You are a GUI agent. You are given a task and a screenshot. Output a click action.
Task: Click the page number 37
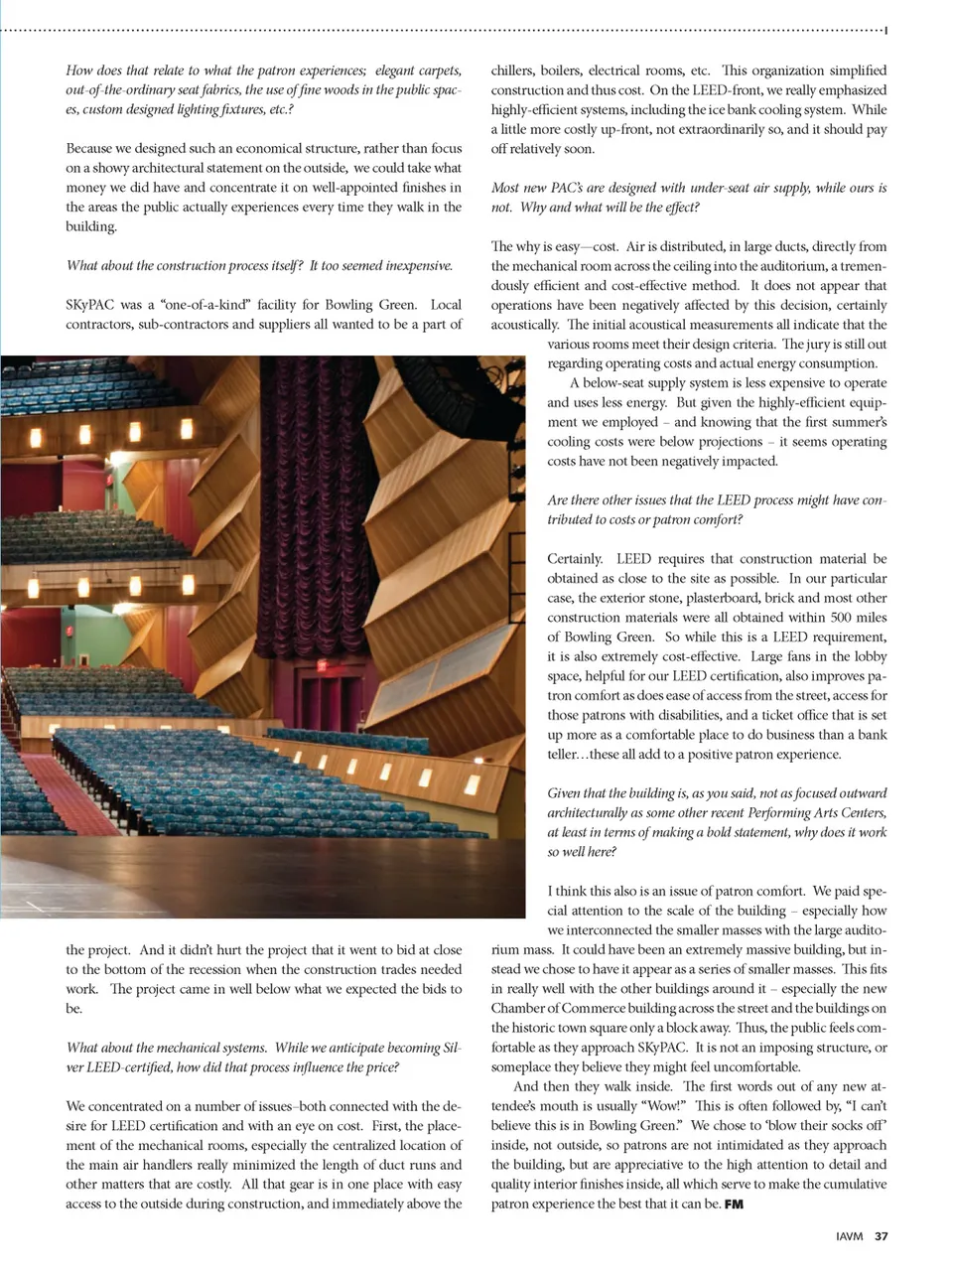882,1237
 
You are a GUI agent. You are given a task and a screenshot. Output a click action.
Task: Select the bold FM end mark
734,1204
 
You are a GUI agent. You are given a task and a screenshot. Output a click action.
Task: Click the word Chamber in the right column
518,1009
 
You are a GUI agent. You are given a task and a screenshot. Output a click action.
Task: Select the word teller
565,755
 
